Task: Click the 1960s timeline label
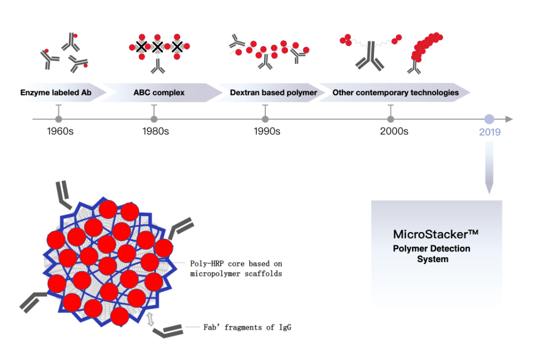pyautogui.click(x=60, y=132)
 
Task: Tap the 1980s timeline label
pyautogui.click(x=155, y=132)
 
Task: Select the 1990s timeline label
pyautogui.click(x=267, y=132)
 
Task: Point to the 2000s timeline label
pyautogui.click(x=394, y=132)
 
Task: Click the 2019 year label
pyautogui.click(x=489, y=132)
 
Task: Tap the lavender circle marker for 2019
pyautogui.click(x=489, y=119)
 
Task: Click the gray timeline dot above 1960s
pyautogui.click(x=59, y=119)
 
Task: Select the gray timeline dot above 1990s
pyautogui.click(x=265, y=119)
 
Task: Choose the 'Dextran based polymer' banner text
pyautogui.click(x=273, y=93)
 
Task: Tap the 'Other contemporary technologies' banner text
pyautogui.click(x=395, y=93)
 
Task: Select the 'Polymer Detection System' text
pyautogui.click(x=432, y=254)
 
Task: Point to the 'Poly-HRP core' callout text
pyautogui.click(x=236, y=268)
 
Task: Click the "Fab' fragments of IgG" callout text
pyautogui.click(x=247, y=328)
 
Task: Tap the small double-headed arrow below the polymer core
pyautogui.click(x=151, y=319)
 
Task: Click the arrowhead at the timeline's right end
pyautogui.click(x=509, y=119)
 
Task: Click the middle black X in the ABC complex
pyautogui.click(x=157, y=47)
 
